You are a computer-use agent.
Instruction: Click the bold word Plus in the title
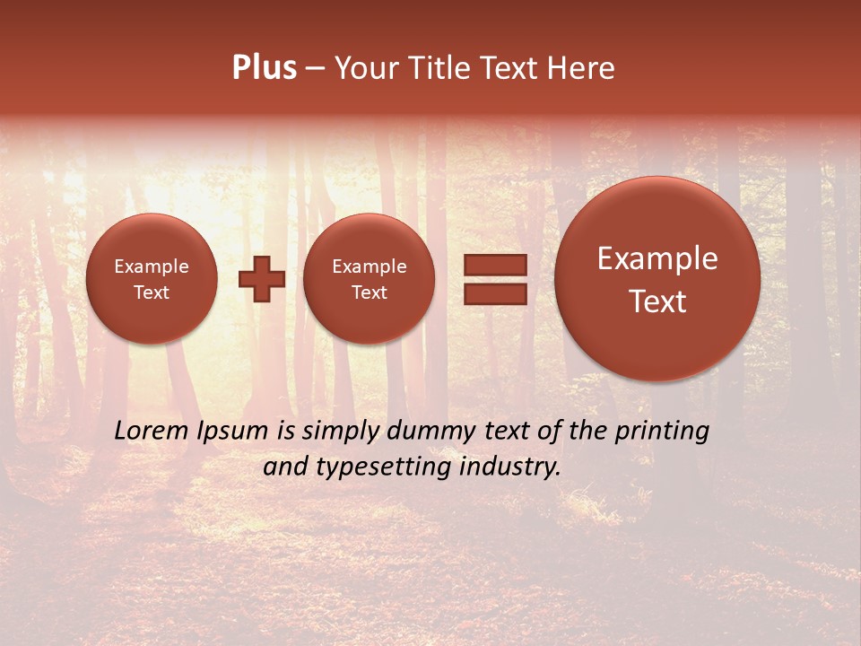pos(264,68)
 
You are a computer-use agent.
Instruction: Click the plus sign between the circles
pos(262,279)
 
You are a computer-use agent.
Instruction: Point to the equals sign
pos(494,279)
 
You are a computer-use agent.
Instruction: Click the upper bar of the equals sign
pos(494,265)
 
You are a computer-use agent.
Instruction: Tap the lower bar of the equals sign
pos(494,293)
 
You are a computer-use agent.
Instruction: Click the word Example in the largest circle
pos(657,258)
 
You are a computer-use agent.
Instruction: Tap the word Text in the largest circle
pos(657,301)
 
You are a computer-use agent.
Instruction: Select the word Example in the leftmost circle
pos(152,266)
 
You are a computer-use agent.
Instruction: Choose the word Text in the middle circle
pos(369,292)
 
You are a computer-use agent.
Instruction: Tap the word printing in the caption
pos(662,432)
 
